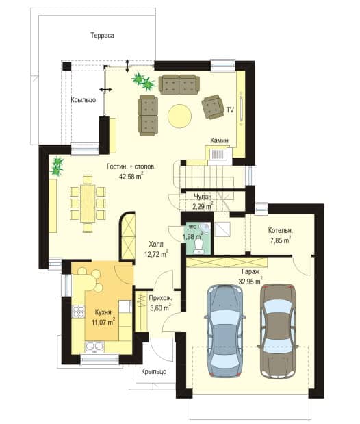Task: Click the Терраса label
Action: click(102, 36)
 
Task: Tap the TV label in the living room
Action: click(230, 110)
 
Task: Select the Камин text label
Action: click(219, 140)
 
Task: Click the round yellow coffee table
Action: click(179, 116)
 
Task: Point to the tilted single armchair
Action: click(213, 107)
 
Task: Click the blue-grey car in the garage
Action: click(225, 331)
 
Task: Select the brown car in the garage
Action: click(278, 331)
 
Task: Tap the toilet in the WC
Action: click(199, 247)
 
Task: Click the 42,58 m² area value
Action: click(131, 176)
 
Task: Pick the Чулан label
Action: click(203, 197)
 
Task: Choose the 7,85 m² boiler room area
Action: click(281, 240)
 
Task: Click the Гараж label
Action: click(250, 272)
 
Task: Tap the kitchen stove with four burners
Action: click(78, 311)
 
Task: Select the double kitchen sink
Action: click(94, 347)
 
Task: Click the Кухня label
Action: click(103, 312)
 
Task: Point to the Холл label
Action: click(156, 244)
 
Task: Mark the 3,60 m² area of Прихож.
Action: click(161, 308)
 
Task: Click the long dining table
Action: click(88, 203)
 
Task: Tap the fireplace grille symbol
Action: click(218, 155)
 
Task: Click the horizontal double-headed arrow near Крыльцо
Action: click(105, 90)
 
